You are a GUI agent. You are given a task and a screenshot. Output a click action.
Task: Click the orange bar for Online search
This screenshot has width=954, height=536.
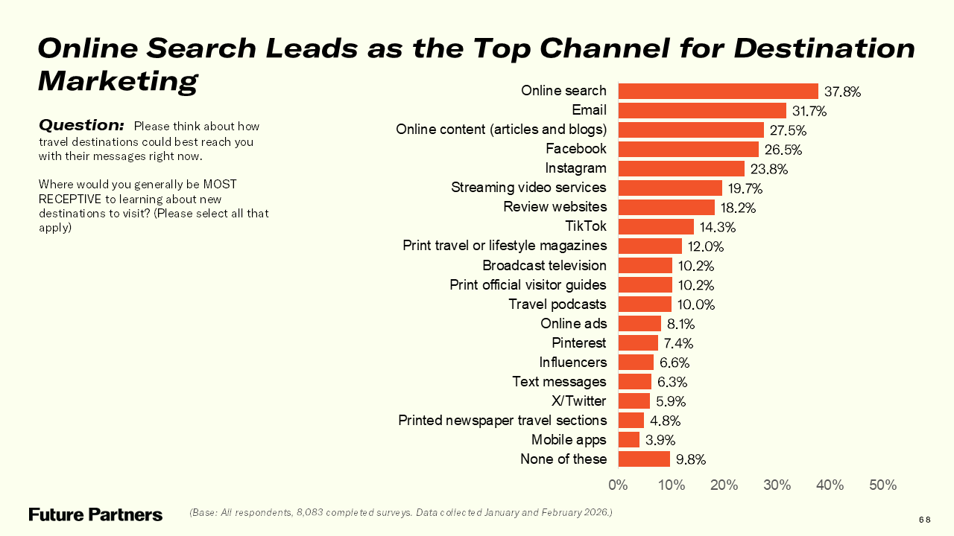718,91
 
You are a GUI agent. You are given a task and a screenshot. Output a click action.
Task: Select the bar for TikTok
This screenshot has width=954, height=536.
656,226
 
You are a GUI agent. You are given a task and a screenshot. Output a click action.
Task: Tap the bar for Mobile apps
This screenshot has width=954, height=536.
629,439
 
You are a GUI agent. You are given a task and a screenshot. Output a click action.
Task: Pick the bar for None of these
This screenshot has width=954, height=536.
644,459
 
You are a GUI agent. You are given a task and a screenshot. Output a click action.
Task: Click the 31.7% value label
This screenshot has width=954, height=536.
809,111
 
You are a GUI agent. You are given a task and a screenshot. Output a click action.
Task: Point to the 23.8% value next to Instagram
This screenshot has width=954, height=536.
768,169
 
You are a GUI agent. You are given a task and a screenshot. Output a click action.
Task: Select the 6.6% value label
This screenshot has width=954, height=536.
675,363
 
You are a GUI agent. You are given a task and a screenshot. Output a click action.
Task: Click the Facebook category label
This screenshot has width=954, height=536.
575,149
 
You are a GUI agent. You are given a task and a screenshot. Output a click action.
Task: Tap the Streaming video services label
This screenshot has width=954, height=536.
528,188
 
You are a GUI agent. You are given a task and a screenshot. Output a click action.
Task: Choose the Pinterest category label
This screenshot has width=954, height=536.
578,343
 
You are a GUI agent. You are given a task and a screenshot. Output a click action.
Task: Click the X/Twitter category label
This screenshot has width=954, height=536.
578,401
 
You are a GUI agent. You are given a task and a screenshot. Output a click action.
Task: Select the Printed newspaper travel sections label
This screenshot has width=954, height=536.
502,421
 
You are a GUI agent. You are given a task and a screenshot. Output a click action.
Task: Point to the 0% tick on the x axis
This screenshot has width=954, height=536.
618,485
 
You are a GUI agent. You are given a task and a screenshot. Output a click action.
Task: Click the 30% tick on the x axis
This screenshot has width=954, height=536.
777,485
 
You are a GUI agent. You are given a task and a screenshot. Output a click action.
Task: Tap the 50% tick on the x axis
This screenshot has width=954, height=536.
882,485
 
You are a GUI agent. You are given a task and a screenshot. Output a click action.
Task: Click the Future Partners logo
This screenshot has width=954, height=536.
95,514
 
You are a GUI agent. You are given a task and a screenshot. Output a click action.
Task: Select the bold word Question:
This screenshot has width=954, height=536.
81,124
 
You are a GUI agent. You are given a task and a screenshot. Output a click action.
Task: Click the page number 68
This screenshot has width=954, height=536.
924,520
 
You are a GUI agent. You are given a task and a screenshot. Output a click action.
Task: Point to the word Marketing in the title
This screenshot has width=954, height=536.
118,80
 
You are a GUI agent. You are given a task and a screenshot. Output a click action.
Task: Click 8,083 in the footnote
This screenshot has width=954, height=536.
313,513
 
